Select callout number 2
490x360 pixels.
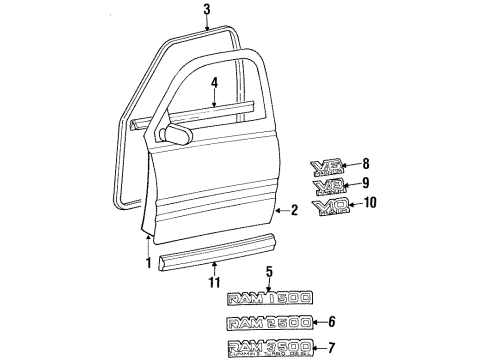click(294, 211)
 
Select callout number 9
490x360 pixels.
click(366, 183)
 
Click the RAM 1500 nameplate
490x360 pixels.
click(269, 296)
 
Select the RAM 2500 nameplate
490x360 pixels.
click(269, 322)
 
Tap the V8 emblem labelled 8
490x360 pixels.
click(329, 164)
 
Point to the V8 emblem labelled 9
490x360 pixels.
click(329, 185)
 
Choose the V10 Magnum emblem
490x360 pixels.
click(331, 207)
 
